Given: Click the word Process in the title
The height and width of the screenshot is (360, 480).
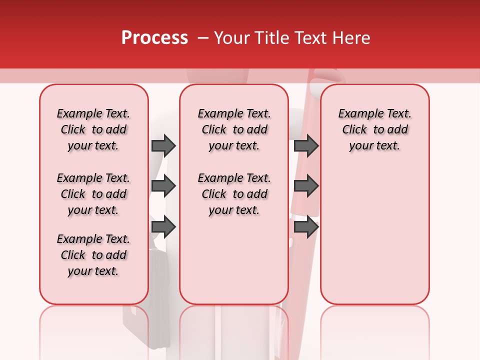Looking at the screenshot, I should tap(154, 38).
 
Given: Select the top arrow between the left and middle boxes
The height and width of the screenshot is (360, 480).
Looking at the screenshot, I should tap(163, 145).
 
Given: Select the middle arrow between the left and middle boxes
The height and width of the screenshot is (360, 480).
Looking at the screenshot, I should tap(163, 186).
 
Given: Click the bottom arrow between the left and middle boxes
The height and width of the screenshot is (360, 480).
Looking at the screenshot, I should tap(163, 227).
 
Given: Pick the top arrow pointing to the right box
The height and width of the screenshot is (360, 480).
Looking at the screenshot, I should tap(306, 145).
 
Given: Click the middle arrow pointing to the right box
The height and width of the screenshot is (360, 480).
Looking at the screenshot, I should tap(306, 186).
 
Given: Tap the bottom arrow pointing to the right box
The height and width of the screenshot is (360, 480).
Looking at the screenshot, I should tap(306, 227).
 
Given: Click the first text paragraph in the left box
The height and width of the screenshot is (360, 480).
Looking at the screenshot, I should tap(93, 129).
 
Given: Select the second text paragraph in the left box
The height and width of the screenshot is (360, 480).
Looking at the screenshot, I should tap(93, 194).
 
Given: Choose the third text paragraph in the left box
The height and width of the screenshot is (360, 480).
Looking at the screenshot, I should tap(93, 255).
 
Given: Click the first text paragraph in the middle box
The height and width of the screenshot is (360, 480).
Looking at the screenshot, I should tap(234, 129).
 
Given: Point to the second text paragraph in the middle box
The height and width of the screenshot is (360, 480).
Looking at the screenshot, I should tap(234, 194).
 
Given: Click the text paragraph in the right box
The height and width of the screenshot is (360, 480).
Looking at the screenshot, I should tap(374, 129).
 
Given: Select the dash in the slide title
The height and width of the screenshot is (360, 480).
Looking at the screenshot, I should tap(203, 38).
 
